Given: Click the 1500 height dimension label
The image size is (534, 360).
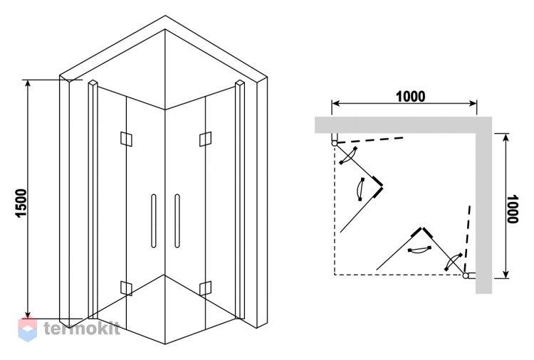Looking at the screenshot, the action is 21,203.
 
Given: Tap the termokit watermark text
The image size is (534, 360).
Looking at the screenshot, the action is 82,329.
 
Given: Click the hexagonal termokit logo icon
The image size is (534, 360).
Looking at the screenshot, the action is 27,329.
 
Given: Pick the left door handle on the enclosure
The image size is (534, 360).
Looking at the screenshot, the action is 154,221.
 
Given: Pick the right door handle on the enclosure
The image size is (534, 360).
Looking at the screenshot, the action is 177,221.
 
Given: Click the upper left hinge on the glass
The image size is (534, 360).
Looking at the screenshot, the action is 126,139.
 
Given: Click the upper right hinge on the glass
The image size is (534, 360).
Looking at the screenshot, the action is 205,139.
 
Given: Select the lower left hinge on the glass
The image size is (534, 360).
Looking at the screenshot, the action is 126,288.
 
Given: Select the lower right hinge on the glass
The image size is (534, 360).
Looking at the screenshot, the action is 205,288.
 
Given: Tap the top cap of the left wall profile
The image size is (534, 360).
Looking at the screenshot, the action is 93,83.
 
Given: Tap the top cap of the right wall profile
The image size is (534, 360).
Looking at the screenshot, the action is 240,83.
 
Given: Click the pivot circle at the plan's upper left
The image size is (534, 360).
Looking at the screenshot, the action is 335,144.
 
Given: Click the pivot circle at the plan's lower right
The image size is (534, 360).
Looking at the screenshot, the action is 466,275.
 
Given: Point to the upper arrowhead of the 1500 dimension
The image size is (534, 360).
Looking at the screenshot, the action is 28,83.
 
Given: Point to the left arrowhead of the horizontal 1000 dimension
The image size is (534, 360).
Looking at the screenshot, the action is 335,103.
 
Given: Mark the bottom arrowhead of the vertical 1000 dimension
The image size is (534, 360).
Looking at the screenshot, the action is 506,274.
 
